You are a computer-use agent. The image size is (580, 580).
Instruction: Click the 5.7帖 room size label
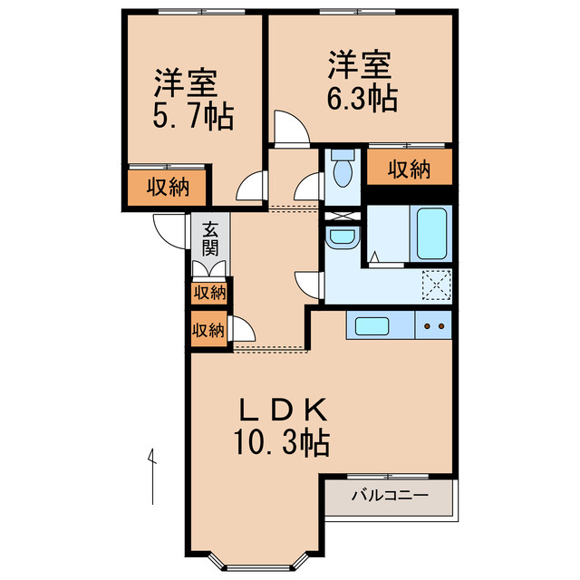click(192, 116)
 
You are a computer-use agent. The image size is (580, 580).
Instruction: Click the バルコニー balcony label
click(389, 496)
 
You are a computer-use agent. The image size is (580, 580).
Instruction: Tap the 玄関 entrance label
click(210, 238)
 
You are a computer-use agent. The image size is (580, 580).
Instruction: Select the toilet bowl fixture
click(343, 170)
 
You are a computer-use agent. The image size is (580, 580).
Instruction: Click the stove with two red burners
click(433, 325)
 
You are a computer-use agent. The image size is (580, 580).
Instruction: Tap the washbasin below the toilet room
click(343, 237)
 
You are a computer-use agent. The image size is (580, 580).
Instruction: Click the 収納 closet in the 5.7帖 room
click(169, 188)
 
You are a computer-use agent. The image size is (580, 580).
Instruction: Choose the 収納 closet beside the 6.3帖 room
click(409, 169)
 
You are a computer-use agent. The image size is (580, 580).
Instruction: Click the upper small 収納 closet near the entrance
click(209, 293)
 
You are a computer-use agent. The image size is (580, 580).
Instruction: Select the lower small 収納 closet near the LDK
click(208, 330)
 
